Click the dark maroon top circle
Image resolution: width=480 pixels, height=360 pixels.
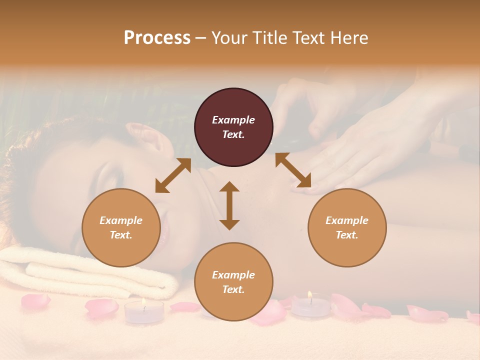pyautogui.click(x=233, y=127)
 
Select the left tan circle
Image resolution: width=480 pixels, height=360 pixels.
pyautogui.click(x=121, y=227)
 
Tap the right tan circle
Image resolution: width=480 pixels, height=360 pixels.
pyautogui.click(x=347, y=227)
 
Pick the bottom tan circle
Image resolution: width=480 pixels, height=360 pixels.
pyautogui.click(x=233, y=282)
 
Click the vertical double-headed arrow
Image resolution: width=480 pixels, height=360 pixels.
pyautogui.click(x=229, y=205)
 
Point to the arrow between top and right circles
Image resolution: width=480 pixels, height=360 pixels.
pyautogui.click(x=293, y=170)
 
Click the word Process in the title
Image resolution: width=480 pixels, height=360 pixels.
pyautogui.click(x=157, y=37)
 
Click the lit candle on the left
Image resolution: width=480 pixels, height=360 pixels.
pyautogui.click(x=143, y=311)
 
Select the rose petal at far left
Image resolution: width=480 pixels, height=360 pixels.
pyautogui.click(x=35, y=300)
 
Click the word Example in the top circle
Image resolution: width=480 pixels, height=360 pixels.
pyautogui.click(x=233, y=120)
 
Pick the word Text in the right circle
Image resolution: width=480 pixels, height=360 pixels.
pyautogui.click(x=346, y=235)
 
